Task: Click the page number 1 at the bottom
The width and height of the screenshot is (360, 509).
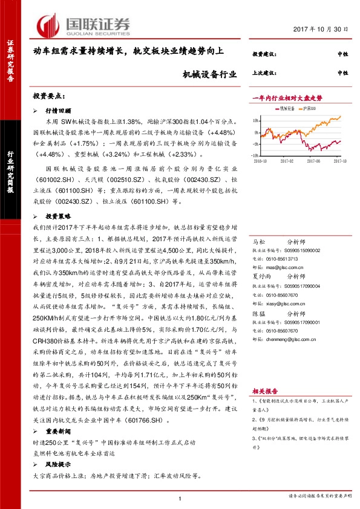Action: (x=180, y=498)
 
